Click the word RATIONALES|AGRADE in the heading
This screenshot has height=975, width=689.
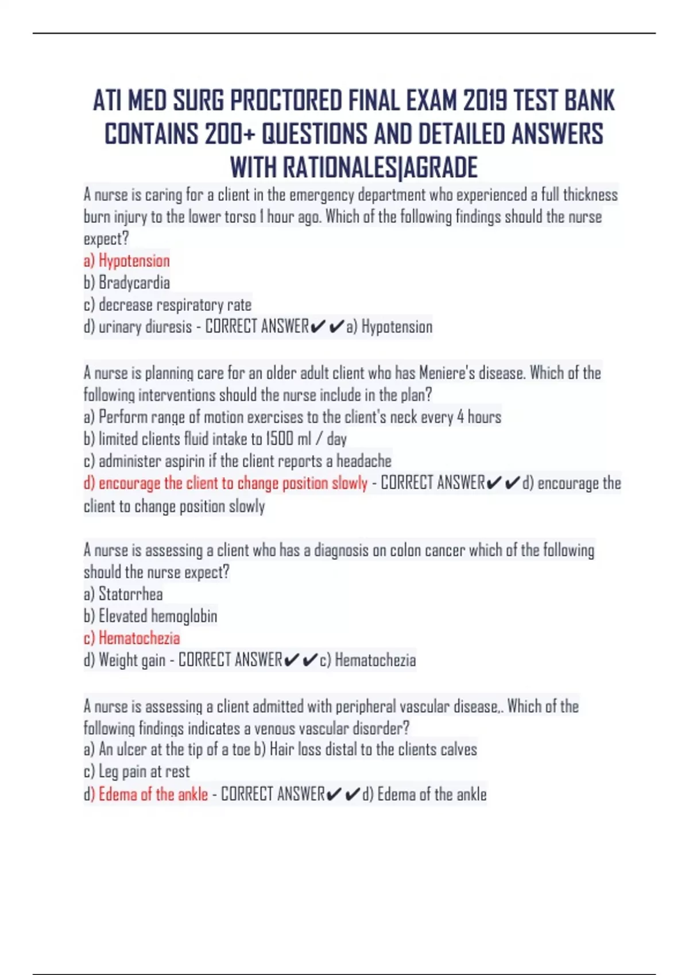380,168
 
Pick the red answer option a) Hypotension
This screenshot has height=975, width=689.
127,261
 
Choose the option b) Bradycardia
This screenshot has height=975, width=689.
127,283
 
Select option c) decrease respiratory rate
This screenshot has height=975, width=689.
168,305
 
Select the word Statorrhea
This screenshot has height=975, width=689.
131,594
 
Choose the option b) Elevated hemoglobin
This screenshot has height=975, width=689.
150,616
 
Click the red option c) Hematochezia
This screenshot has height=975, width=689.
132,638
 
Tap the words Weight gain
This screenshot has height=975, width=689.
132,660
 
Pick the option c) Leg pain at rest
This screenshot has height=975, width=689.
137,772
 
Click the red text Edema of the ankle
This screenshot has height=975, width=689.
153,794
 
